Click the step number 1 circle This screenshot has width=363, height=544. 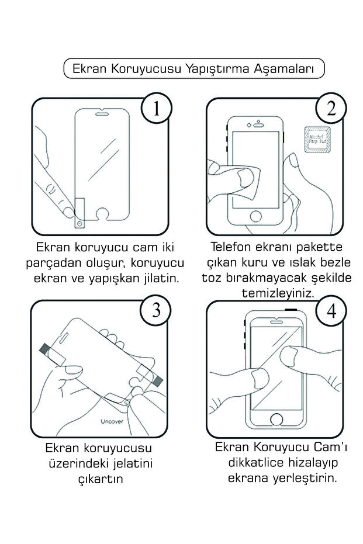tap(157, 110)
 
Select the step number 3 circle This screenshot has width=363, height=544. tap(156, 311)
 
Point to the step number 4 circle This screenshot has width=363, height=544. tap(331, 311)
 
